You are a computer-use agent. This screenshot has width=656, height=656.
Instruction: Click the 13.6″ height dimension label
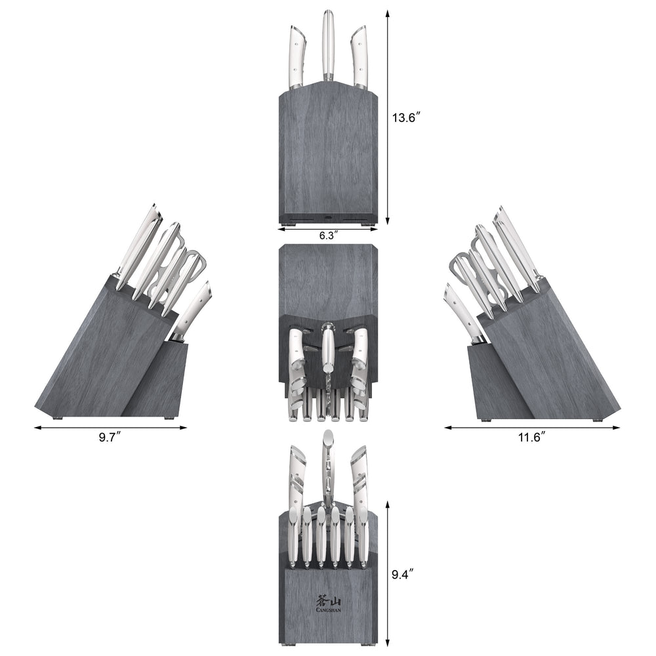(x=406, y=118)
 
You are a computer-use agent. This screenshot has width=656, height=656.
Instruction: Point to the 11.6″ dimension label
(x=532, y=437)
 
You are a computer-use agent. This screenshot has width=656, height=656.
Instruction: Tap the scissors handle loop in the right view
(x=459, y=266)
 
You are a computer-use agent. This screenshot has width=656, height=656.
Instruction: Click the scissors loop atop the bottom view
(x=328, y=446)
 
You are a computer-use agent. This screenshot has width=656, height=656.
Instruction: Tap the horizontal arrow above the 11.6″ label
(x=532, y=428)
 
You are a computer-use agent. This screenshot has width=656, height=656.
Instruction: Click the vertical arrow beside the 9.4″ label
(x=388, y=574)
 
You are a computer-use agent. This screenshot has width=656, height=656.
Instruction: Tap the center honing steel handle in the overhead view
(x=328, y=348)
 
